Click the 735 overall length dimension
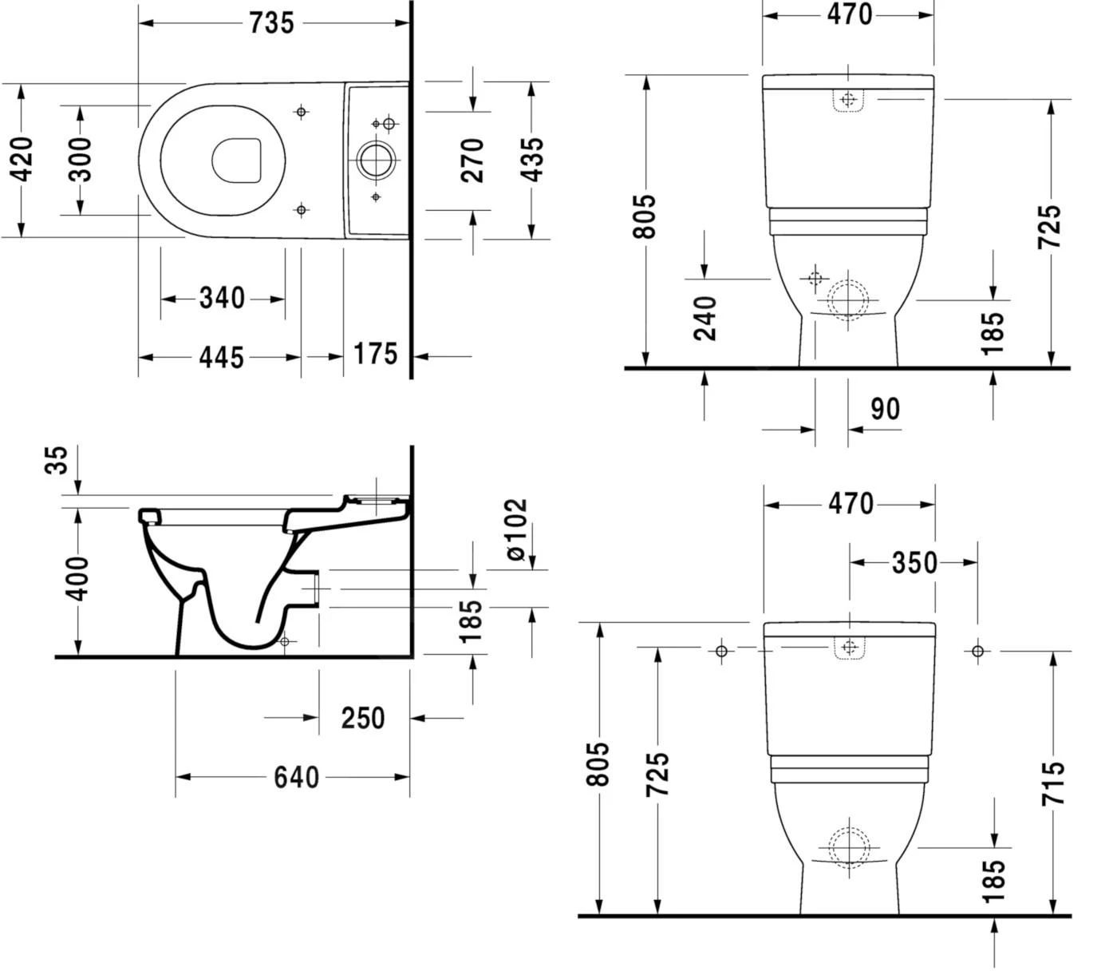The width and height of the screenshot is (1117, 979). pyautogui.click(x=271, y=23)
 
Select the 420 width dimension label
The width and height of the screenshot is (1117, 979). pyautogui.click(x=23, y=159)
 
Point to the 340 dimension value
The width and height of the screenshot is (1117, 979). pyautogui.click(x=222, y=299)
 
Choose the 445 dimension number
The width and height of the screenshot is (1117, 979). pyautogui.click(x=221, y=357)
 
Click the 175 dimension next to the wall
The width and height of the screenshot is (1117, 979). pyautogui.click(x=375, y=353)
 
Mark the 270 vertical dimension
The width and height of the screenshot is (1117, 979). pyautogui.click(x=473, y=159)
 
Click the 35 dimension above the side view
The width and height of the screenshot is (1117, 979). pyautogui.click(x=57, y=461)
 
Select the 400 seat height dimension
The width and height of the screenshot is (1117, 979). pyautogui.click(x=78, y=579)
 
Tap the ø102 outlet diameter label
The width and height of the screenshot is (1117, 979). pyautogui.click(x=517, y=529)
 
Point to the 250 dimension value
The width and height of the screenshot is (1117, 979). pyautogui.click(x=363, y=718)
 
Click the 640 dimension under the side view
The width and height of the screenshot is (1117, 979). pyautogui.click(x=296, y=777)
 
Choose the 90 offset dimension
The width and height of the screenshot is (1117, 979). pyautogui.click(x=885, y=409)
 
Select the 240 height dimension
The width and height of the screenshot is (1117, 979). pyautogui.click(x=705, y=318)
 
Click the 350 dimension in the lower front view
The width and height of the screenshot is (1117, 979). pyautogui.click(x=914, y=563)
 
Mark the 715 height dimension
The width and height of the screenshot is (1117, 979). pyautogui.click(x=1052, y=783)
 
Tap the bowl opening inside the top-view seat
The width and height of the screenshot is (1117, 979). pyautogui.click(x=237, y=161)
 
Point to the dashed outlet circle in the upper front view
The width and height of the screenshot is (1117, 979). pyautogui.click(x=847, y=300)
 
